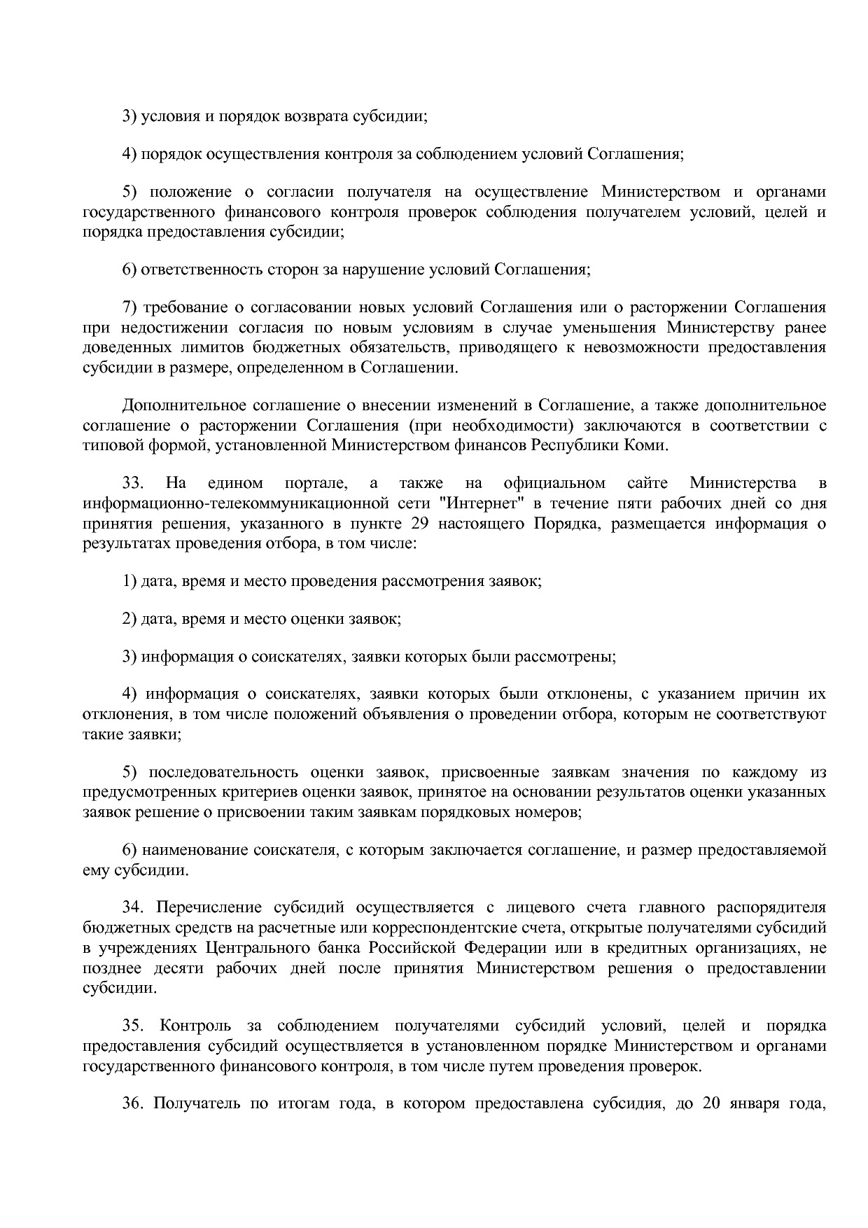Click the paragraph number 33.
[x=133, y=483]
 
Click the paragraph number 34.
[x=133, y=908]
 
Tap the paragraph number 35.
[x=133, y=1026]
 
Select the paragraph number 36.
[x=133, y=1104]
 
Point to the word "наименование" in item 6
[x=185, y=851]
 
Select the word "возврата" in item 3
[x=316, y=116]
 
